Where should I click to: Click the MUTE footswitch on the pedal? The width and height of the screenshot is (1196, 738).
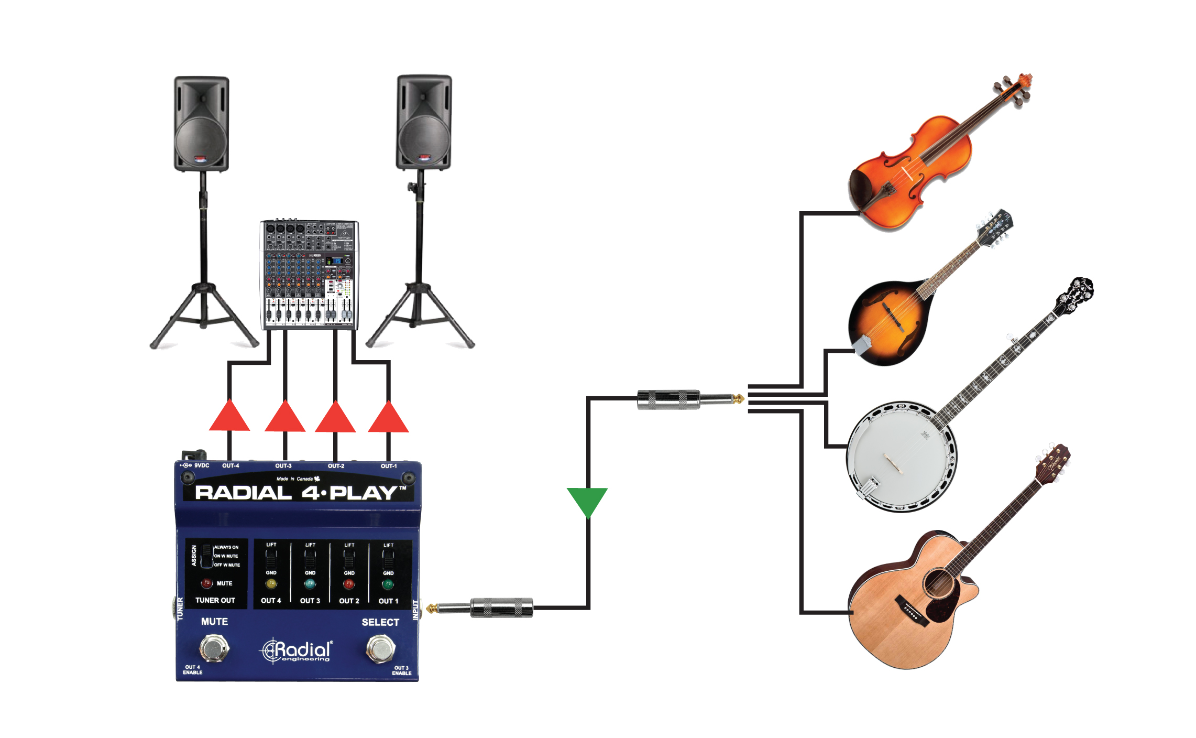214,648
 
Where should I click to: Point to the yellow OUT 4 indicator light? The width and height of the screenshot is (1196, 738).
271,583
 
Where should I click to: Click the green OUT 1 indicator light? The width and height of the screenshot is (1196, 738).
388,584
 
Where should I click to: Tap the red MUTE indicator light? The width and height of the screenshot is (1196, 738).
206,583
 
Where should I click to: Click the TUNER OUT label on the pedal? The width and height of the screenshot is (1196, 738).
215,600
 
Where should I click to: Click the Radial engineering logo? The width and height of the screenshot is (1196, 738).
297,651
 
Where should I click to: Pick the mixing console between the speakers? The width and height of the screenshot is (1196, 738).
309,275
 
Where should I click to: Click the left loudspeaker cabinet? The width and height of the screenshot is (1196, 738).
202,124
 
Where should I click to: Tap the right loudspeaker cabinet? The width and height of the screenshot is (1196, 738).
424,123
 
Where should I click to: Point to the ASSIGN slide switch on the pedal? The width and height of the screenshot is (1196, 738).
206,556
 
